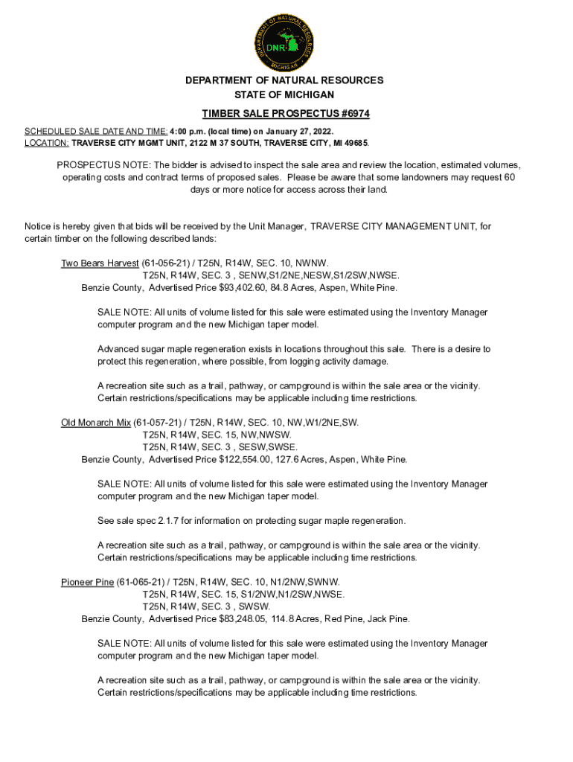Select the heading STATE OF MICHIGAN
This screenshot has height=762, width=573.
(286, 95)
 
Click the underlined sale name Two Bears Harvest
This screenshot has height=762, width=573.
(100, 263)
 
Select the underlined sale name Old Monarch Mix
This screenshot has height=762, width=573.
(96, 423)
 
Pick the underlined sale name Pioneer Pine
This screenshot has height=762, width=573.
(87, 582)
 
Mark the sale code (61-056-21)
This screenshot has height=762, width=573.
(164, 263)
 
